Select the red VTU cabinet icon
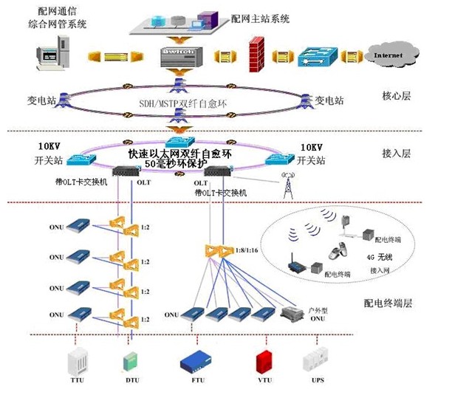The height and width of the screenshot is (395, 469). pos(264,361)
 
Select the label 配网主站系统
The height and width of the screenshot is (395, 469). pos(260,16)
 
